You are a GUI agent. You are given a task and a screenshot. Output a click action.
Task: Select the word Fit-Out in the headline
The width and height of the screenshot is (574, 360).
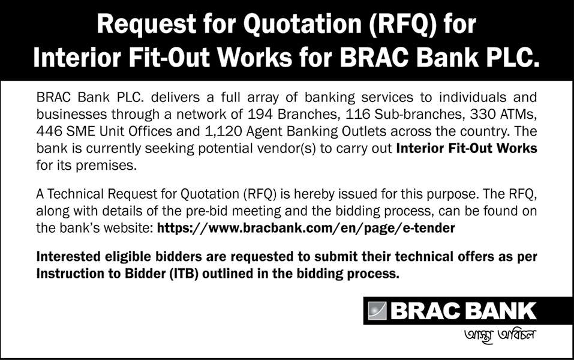pyautogui.click(x=169, y=58)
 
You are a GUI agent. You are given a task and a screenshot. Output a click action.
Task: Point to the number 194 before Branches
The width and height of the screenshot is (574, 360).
pyautogui.click(x=260, y=114)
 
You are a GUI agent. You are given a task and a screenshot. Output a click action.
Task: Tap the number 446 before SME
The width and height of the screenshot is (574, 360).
pyautogui.click(x=49, y=131)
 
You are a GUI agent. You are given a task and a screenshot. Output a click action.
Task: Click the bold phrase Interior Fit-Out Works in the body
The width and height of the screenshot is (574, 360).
pyautogui.click(x=467, y=148)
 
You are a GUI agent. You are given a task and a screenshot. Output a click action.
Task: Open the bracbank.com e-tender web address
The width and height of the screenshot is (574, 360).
pyautogui.click(x=306, y=228)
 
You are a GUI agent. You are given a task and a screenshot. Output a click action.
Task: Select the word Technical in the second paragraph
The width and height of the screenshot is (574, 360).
pyautogui.click(x=76, y=194)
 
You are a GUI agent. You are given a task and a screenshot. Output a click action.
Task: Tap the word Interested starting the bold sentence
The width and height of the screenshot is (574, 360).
pyautogui.click(x=68, y=256)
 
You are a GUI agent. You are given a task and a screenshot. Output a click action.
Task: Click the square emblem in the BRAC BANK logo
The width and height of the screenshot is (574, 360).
pyautogui.click(x=377, y=311)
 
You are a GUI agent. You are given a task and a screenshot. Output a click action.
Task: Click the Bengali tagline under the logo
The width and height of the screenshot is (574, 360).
pyautogui.click(x=500, y=335)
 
